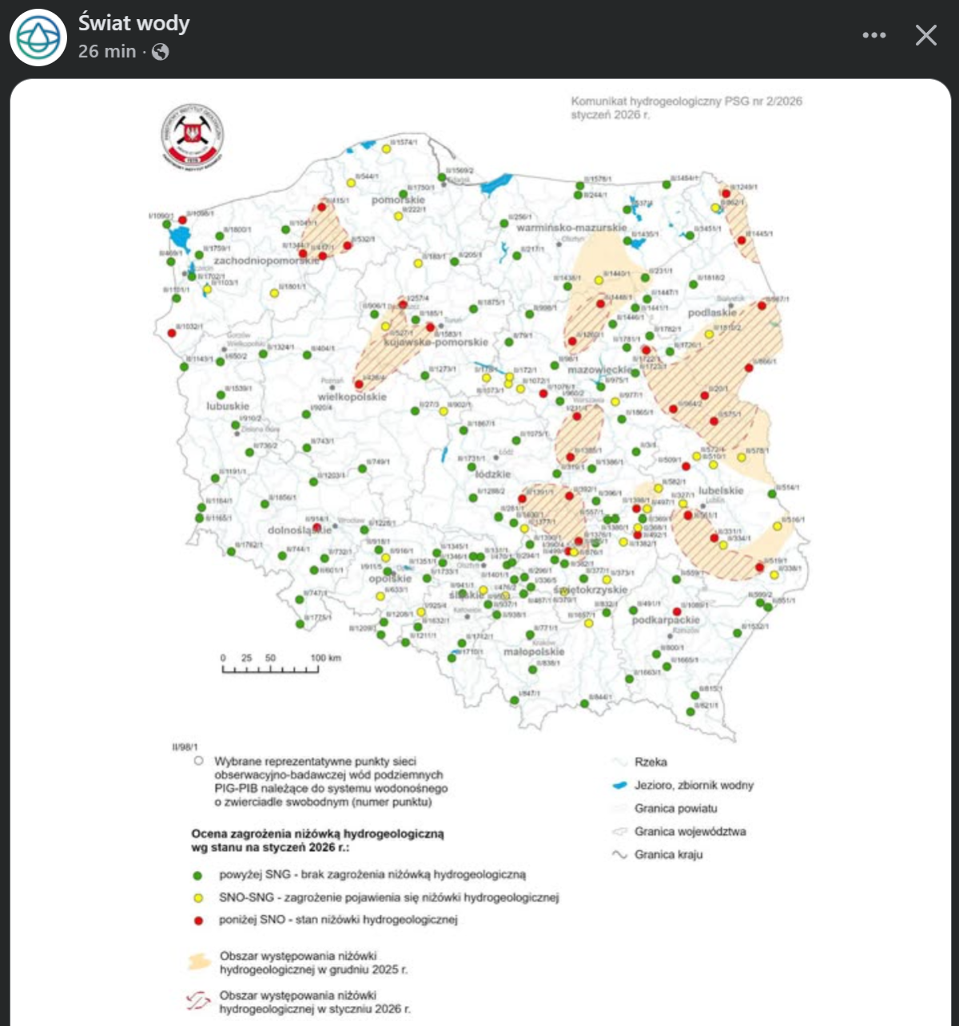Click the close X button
tap(925, 35)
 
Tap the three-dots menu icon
tap(874, 35)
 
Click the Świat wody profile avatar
tap(38, 38)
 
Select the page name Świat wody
tap(133, 24)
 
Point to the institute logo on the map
tap(192, 137)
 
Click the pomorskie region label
tap(398, 200)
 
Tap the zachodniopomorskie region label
tap(266, 261)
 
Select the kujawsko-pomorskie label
tap(436, 342)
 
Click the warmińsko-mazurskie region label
tap(571, 228)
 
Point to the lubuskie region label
tap(228, 406)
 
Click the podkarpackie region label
tap(666, 620)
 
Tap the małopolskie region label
tap(534, 652)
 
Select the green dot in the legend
tap(198, 875)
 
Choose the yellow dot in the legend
tap(198, 897)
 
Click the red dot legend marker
tap(198, 920)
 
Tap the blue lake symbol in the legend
tap(618, 786)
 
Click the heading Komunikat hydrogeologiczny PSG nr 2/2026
tap(686, 102)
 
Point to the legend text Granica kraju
tap(668, 854)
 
